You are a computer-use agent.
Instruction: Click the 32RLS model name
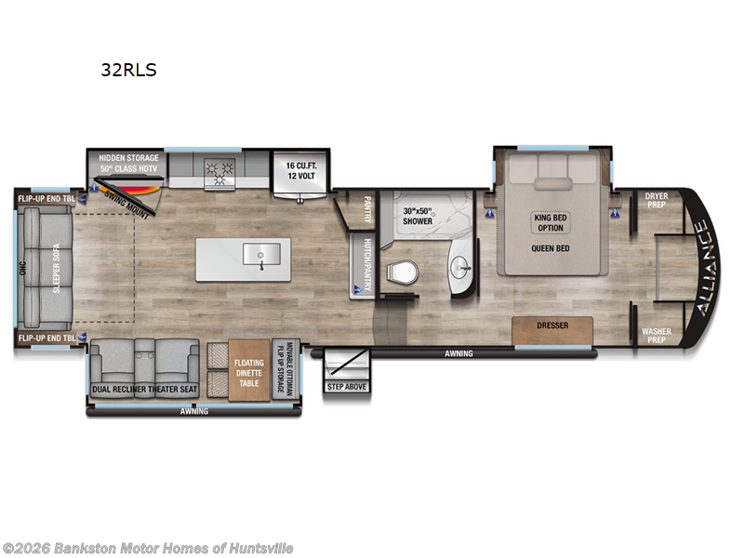point(127,70)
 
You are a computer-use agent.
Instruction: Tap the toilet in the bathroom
point(403,272)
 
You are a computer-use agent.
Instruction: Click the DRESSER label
point(552,326)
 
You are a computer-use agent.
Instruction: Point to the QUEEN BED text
point(551,248)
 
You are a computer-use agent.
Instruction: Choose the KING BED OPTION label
point(551,223)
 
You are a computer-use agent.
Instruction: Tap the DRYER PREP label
point(658,201)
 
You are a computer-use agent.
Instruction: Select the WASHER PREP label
point(658,334)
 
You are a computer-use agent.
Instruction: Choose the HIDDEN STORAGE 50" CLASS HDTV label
point(129,164)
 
